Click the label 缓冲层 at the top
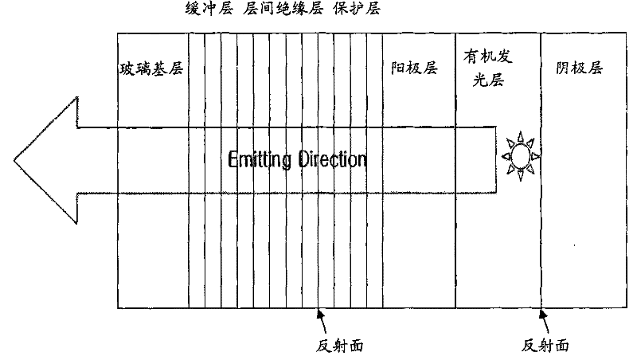(209, 8)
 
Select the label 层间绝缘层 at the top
(283, 8)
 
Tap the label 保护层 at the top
(357, 8)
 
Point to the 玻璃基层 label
(151, 68)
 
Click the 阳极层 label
(414, 68)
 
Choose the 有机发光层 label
(488, 68)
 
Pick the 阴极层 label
(580, 68)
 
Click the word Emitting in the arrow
(260, 159)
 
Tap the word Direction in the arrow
(332, 159)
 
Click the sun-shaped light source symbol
(521, 156)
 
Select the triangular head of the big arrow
(46, 160)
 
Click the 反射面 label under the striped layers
(340, 346)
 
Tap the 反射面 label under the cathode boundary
(545, 346)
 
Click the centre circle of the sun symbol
(521, 156)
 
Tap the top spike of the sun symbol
(521, 136)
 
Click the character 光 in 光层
(480, 80)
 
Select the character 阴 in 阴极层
(563, 68)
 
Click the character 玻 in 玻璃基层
(127, 68)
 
